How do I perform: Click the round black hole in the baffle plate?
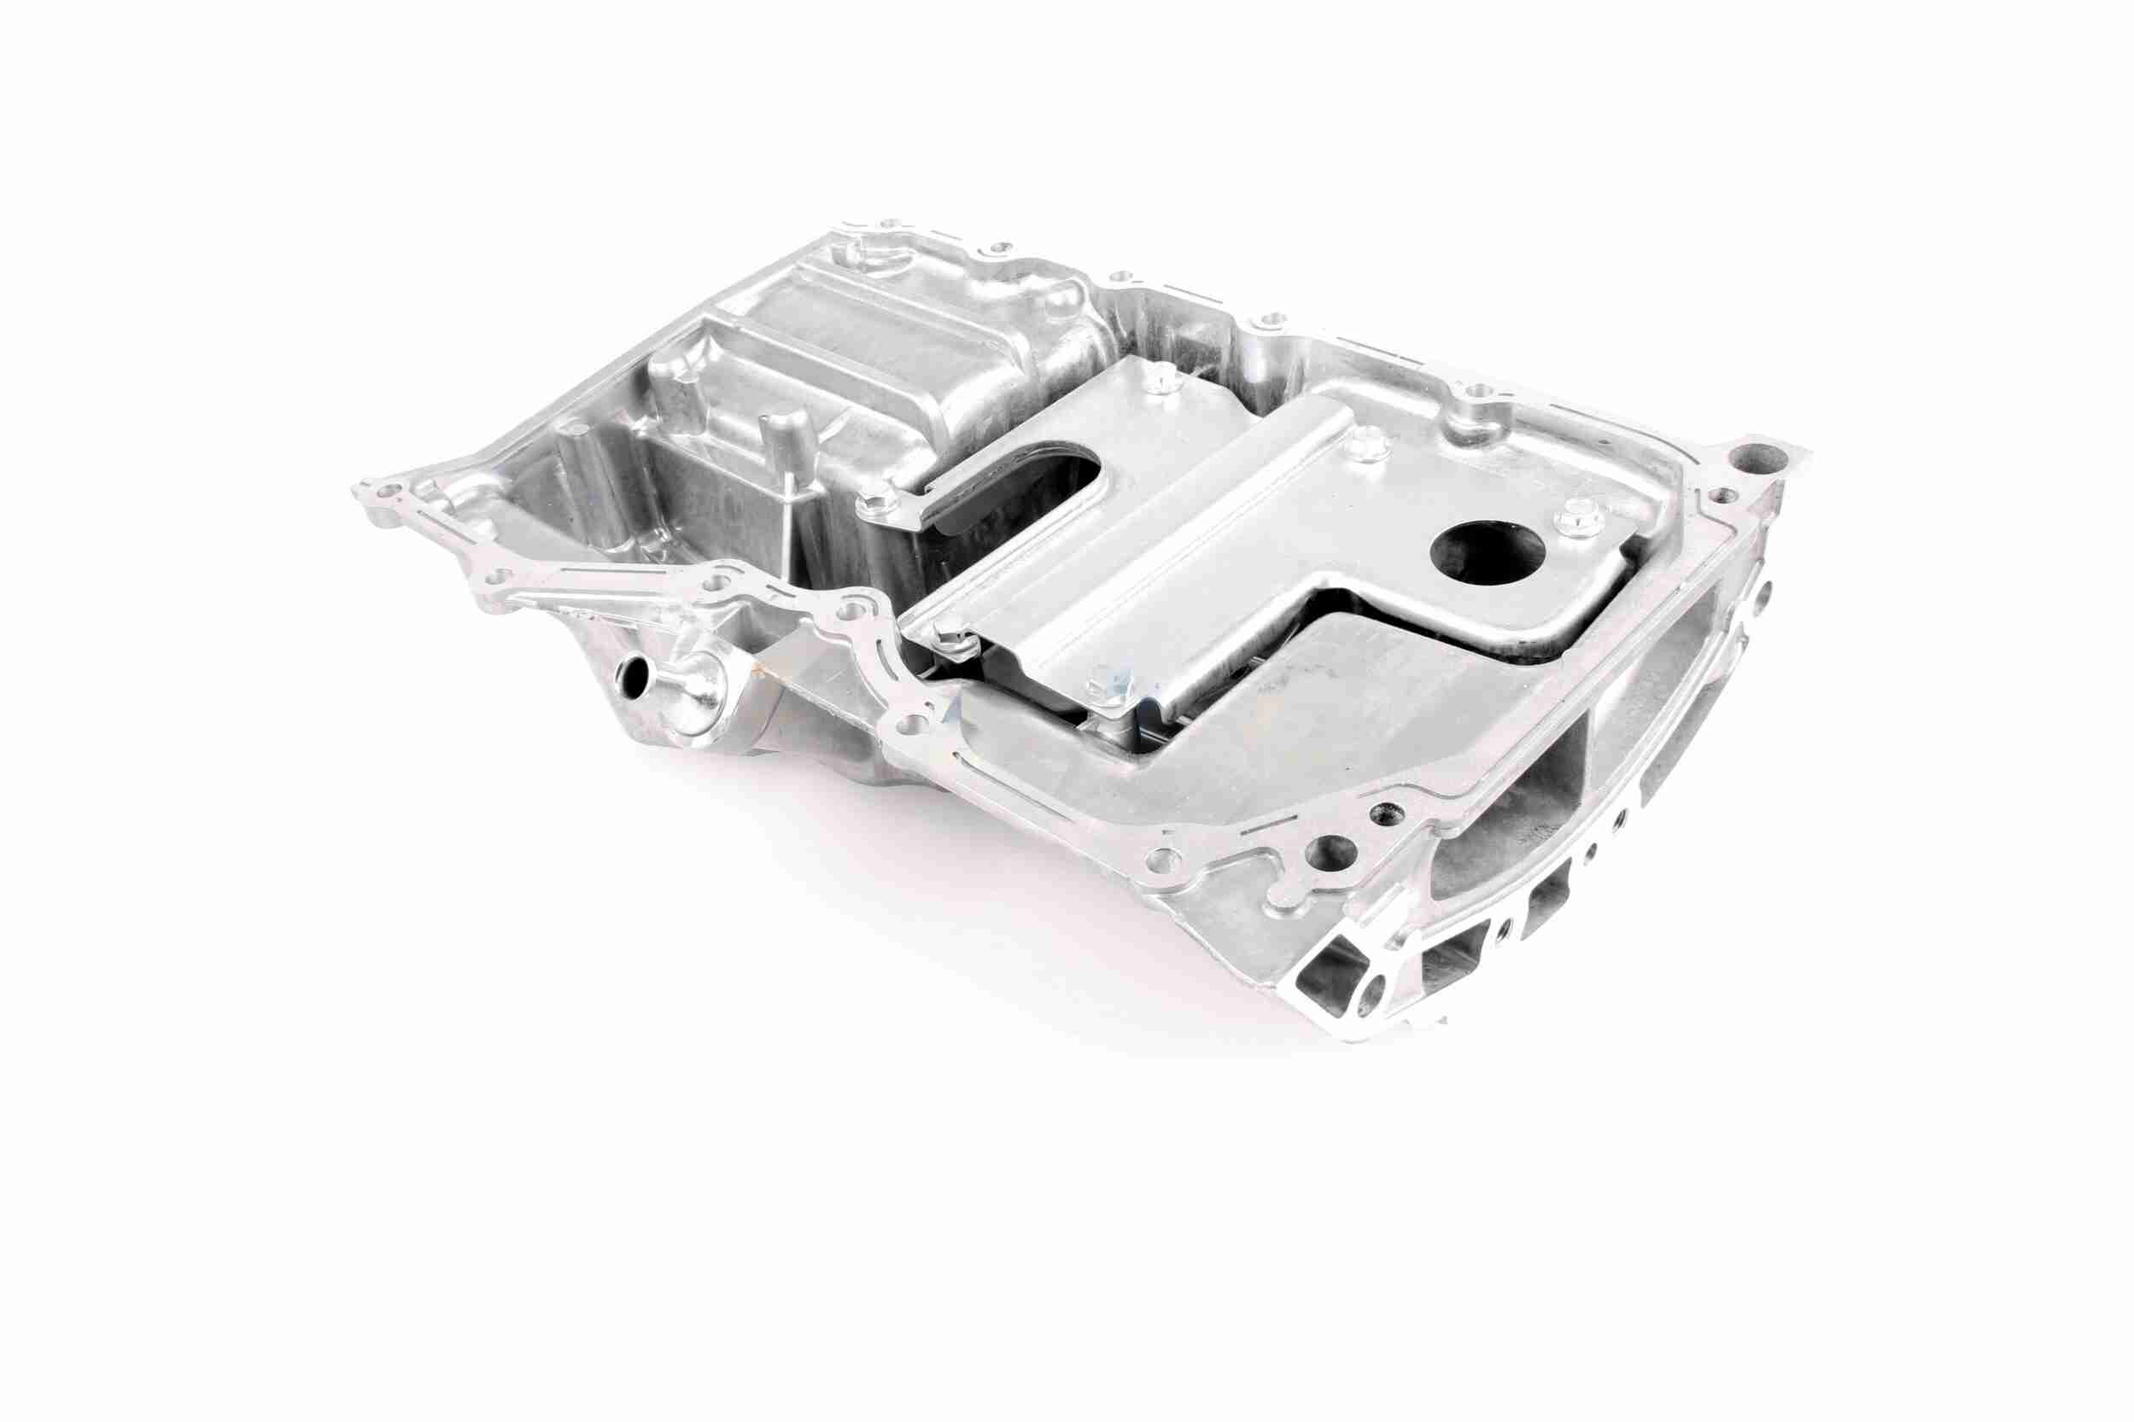1486,556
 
